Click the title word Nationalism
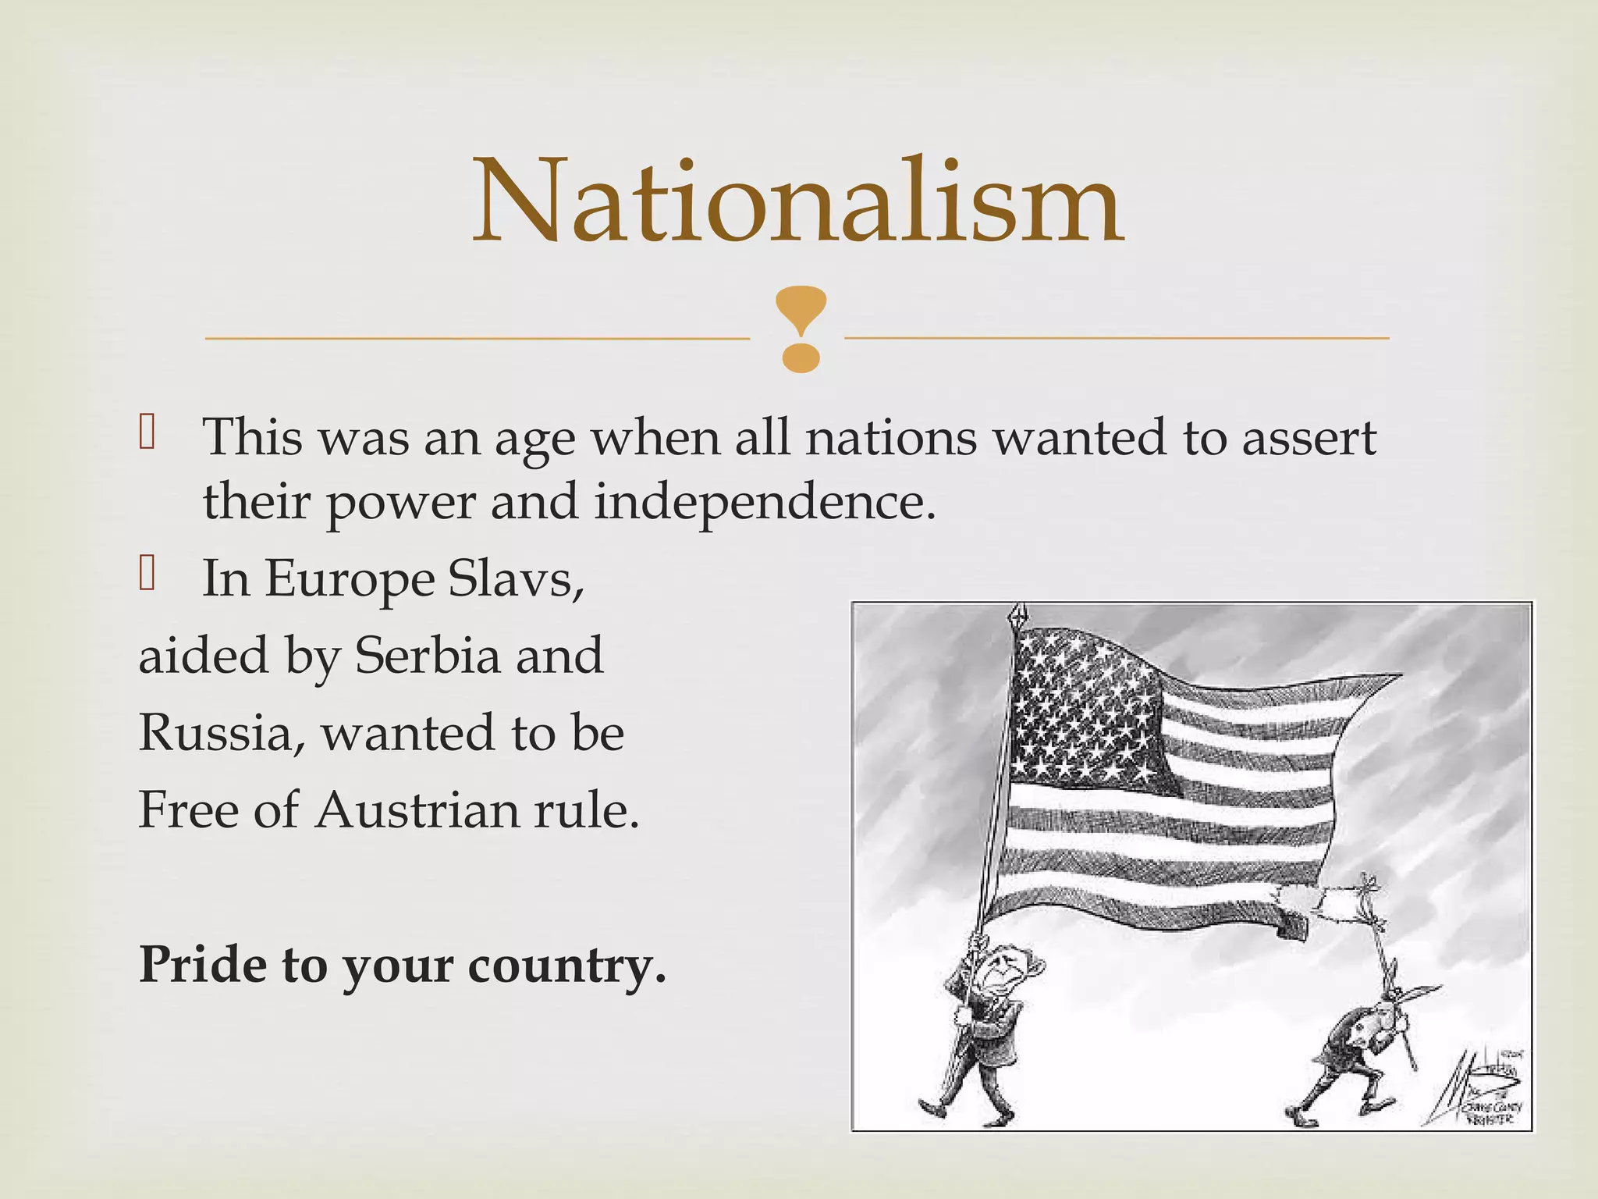pyautogui.click(x=798, y=201)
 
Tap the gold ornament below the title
pyautogui.click(x=801, y=328)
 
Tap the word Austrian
pyautogui.click(x=417, y=810)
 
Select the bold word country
pyautogui.click(x=566, y=966)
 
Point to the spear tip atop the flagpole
pyautogui.click(x=1017, y=614)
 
